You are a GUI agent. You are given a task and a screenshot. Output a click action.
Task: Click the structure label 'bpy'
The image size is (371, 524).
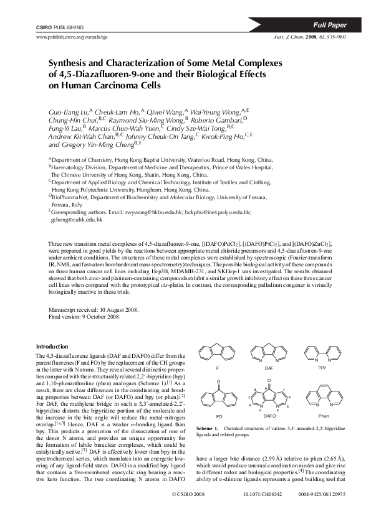(322, 368)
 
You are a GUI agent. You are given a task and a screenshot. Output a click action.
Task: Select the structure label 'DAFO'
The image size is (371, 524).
(269, 414)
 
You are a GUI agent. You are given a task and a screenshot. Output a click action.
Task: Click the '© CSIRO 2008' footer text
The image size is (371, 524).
(188, 511)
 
